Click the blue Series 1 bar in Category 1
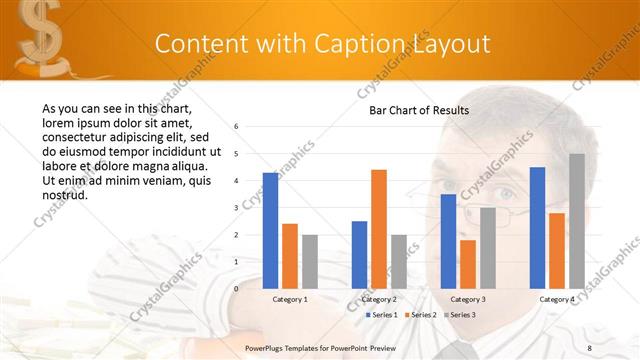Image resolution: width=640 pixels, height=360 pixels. pyautogui.click(x=270, y=230)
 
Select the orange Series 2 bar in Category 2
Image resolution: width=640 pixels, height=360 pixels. pyautogui.click(x=379, y=229)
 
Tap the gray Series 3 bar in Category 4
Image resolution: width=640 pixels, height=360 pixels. pyautogui.click(x=577, y=220)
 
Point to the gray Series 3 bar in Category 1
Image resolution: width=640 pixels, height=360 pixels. pyautogui.click(x=310, y=261)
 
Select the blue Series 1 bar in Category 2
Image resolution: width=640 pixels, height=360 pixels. pyautogui.click(x=359, y=254)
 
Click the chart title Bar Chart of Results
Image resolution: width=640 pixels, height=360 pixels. pyautogui.click(x=412, y=110)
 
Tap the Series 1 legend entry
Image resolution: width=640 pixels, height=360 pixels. pyautogui.click(x=382, y=315)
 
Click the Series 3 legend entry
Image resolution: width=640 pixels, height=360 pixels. pyautogui.click(x=460, y=315)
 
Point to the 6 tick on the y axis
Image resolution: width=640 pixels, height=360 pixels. pyautogui.click(x=236, y=127)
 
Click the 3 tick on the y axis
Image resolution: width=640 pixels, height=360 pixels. pyautogui.click(x=236, y=208)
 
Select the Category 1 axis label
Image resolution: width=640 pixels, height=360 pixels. pyautogui.click(x=290, y=299)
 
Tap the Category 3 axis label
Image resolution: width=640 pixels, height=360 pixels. pyautogui.click(x=468, y=299)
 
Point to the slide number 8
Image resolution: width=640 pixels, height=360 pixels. pyautogui.click(x=589, y=346)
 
